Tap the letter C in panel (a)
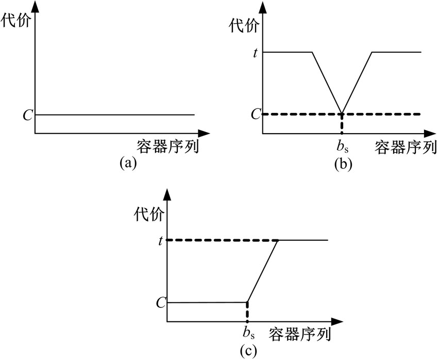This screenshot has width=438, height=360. (x=28, y=115)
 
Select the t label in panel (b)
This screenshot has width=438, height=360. (x=255, y=53)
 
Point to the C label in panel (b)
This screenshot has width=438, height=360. (x=256, y=114)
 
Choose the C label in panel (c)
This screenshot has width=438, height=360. (x=161, y=302)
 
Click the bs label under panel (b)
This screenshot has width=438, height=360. (x=343, y=146)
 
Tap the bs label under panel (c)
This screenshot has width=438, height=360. (x=248, y=332)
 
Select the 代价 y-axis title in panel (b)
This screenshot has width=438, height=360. (x=244, y=25)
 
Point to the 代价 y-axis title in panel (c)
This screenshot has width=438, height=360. (x=149, y=214)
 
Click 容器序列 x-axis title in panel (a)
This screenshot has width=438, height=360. (x=168, y=146)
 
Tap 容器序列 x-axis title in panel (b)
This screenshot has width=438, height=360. (x=406, y=147)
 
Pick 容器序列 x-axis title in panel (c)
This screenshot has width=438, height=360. (x=300, y=334)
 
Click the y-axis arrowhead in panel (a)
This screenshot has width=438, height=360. (x=35, y=6)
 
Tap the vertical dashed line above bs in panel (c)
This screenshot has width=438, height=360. (x=247, y=312)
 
